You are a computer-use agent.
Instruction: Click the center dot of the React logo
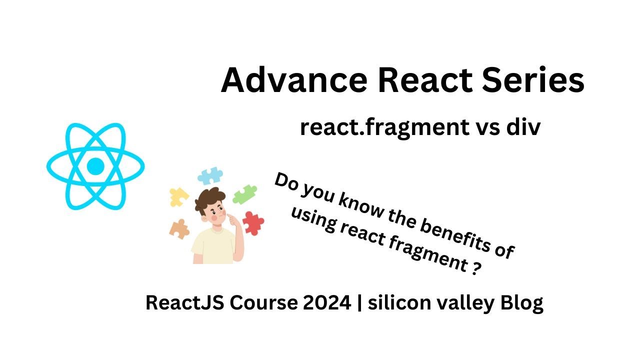95,166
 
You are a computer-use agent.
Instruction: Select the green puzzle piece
245,194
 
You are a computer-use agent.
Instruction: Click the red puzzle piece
253,223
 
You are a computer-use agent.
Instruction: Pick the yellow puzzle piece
178,197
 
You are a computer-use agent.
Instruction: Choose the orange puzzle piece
179,229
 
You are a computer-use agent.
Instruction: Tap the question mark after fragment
476,268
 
